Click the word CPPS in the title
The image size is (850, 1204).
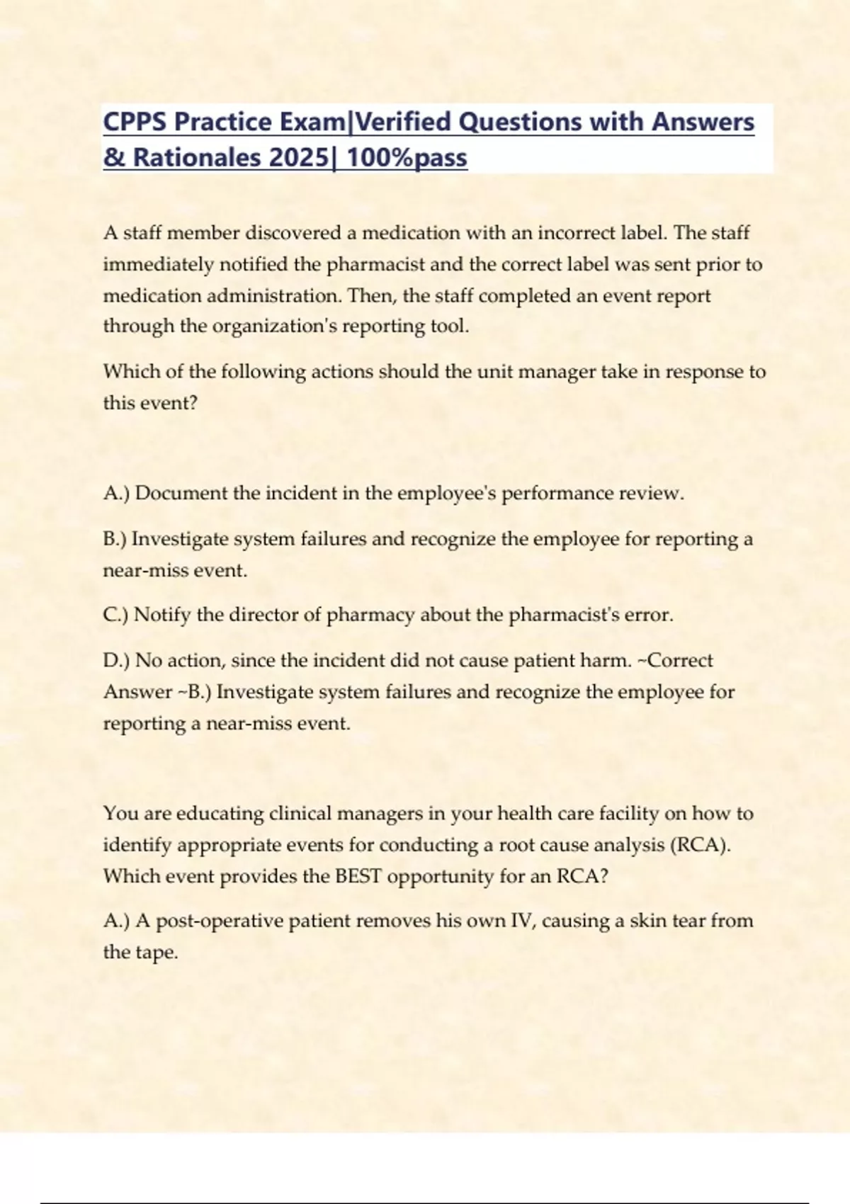[x=135, y=122]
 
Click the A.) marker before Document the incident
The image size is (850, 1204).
[x=116, y=494]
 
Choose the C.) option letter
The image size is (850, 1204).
[x=115, y=615]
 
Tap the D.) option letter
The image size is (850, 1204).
[x=116, y=661]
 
